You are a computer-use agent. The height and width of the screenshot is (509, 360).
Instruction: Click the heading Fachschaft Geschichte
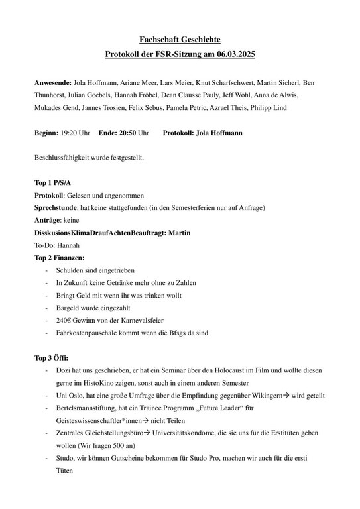(x=180, y=40)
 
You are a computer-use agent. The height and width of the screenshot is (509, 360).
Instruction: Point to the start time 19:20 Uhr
(x=75, y=133)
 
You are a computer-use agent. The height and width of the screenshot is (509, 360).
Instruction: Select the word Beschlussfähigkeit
(x=63, y=158)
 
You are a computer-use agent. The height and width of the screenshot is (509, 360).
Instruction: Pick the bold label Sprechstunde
(x=56, y=207)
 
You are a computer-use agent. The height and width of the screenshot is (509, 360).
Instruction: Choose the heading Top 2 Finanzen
(x=60, y=257)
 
